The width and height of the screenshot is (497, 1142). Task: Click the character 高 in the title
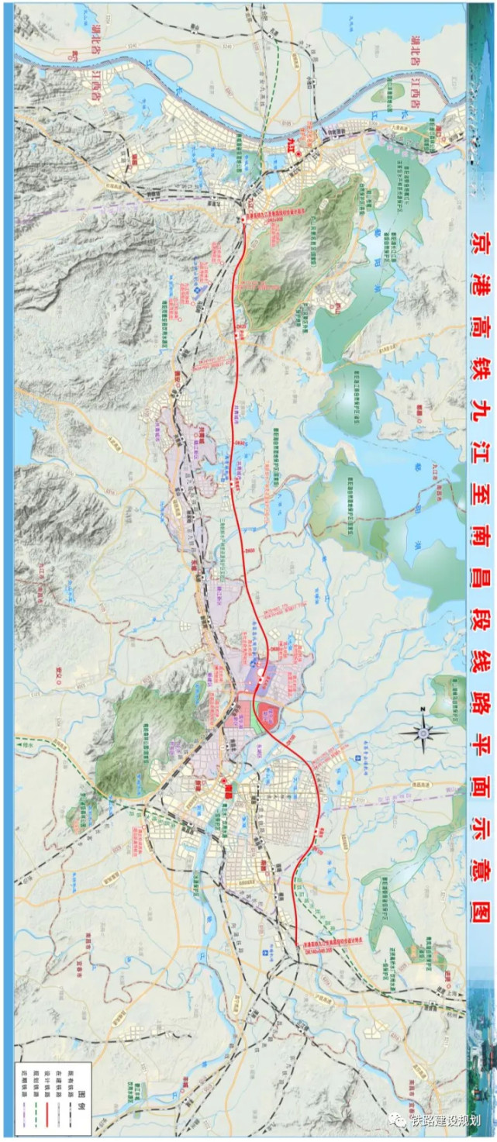pos(484,324)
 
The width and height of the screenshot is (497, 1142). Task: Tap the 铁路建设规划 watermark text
pos(450,1121)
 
